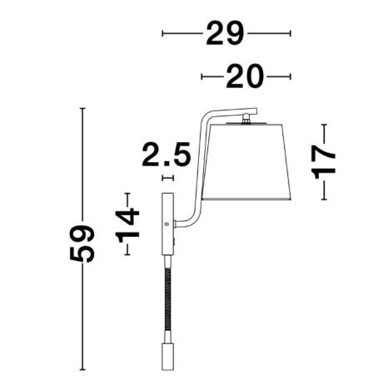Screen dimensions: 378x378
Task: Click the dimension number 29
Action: tap(225, 33)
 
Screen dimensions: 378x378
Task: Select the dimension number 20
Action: tap(245, 76)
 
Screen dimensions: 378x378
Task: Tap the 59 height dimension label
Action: tap(82, 243)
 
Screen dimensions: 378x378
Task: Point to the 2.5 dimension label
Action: tap(167, 155)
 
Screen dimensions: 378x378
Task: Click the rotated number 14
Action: tap(127, 226)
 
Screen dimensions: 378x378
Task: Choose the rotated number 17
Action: tap(324, 162)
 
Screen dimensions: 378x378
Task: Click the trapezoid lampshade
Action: tap(246, 162)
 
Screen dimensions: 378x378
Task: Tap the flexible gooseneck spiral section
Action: tap(167, 299)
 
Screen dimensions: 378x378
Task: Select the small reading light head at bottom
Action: tap(167, 356)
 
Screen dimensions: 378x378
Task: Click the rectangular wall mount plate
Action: tap(167, 223)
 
